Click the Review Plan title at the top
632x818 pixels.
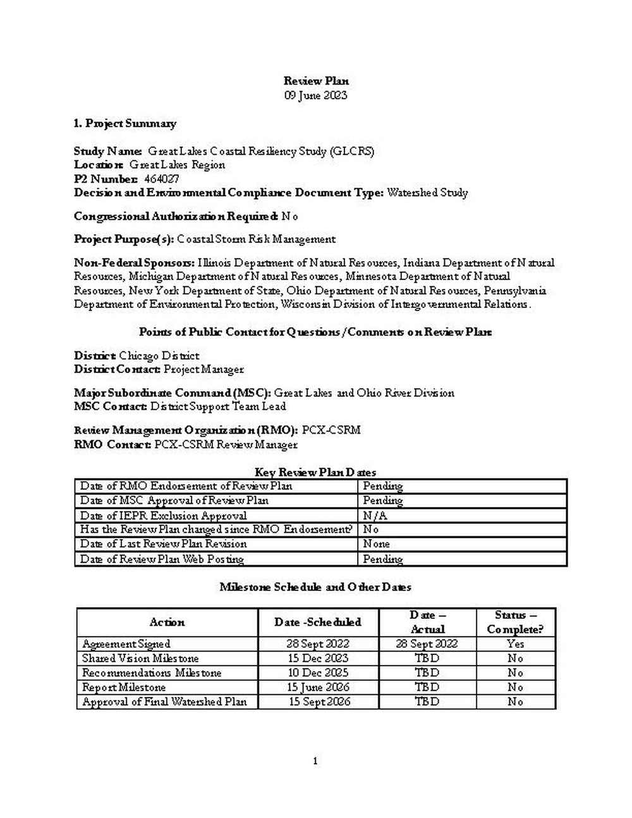315,81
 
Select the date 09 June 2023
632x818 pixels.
315,95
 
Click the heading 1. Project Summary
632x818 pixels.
125,123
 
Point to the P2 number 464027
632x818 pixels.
162,179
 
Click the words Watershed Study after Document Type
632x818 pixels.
427,193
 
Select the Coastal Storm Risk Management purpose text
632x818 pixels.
257,239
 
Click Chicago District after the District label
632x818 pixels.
159,356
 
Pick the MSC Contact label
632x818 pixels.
111,406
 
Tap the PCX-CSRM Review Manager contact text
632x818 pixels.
226,444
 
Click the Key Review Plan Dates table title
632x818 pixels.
315,472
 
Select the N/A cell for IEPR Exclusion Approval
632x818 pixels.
375,515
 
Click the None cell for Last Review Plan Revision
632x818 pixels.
376,544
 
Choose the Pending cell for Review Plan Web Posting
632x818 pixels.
382,559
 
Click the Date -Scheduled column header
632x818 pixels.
318,622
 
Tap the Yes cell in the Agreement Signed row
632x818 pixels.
515,644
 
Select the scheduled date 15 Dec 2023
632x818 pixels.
317,658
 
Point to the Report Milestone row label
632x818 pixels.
124,687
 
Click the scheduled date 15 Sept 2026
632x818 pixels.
319,702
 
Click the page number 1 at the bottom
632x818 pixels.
315,761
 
